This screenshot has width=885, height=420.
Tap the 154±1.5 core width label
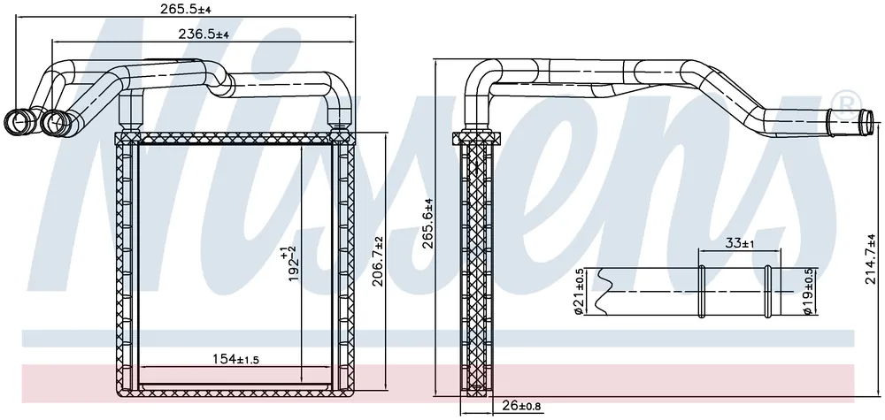[x=235, y=359]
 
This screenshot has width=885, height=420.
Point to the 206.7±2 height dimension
[x=378, y=262]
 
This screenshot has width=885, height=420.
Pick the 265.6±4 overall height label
[x=427, y=224]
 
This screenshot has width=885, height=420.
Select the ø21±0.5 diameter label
[x=578, y=292]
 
